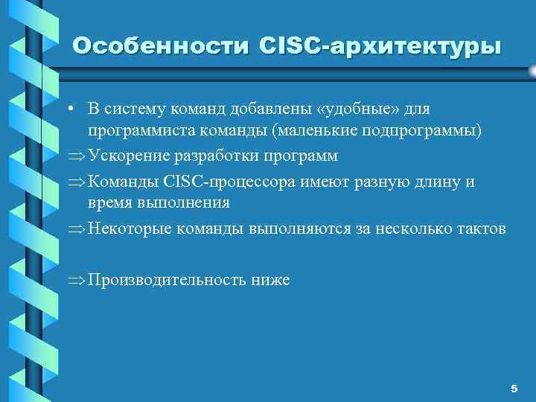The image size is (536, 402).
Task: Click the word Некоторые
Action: click(126, 229)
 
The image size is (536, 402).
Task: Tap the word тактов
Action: click(481, 229)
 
